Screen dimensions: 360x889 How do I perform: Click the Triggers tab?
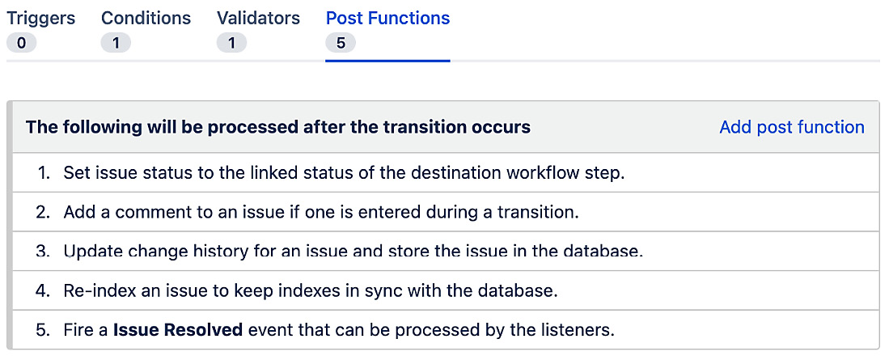click(x=40, y=19)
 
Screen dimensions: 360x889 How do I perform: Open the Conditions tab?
click(x=146, y=19)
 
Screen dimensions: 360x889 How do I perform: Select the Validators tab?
click(x=258, y=19)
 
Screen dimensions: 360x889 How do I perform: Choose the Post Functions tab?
click(x=387, y=19)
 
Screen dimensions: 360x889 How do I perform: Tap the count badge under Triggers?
click(x=21, y=43)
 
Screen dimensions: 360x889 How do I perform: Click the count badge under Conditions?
click(x=116, y=43)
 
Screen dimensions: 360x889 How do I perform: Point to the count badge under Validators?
click(x=231, y=43)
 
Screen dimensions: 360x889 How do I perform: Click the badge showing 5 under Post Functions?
click(x=341, y=43)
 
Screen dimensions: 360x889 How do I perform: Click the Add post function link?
click(x=791, y=127)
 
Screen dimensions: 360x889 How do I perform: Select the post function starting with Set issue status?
click(x=344, y=172)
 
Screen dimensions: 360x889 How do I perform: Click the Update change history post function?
click(x=353, y=251)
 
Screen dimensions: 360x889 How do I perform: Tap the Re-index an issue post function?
click(x=311, y=290)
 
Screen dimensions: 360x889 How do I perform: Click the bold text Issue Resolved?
click(x=178, y=330)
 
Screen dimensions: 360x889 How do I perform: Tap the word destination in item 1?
click(x=464, y=172)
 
